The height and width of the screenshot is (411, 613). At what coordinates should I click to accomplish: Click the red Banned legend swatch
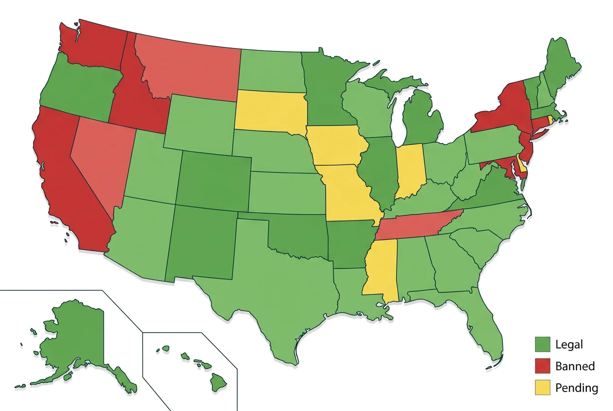tap(543, 366)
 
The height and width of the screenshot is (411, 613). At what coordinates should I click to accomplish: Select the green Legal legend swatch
tap(543, 344)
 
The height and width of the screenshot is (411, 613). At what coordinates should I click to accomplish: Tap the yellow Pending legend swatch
tap(543, 387)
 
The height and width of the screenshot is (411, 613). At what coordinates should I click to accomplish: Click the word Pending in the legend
tap(577, 388)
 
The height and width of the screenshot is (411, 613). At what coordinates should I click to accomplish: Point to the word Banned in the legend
tap(575, 366)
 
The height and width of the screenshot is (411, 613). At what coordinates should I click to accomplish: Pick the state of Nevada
tap(102, 155)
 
